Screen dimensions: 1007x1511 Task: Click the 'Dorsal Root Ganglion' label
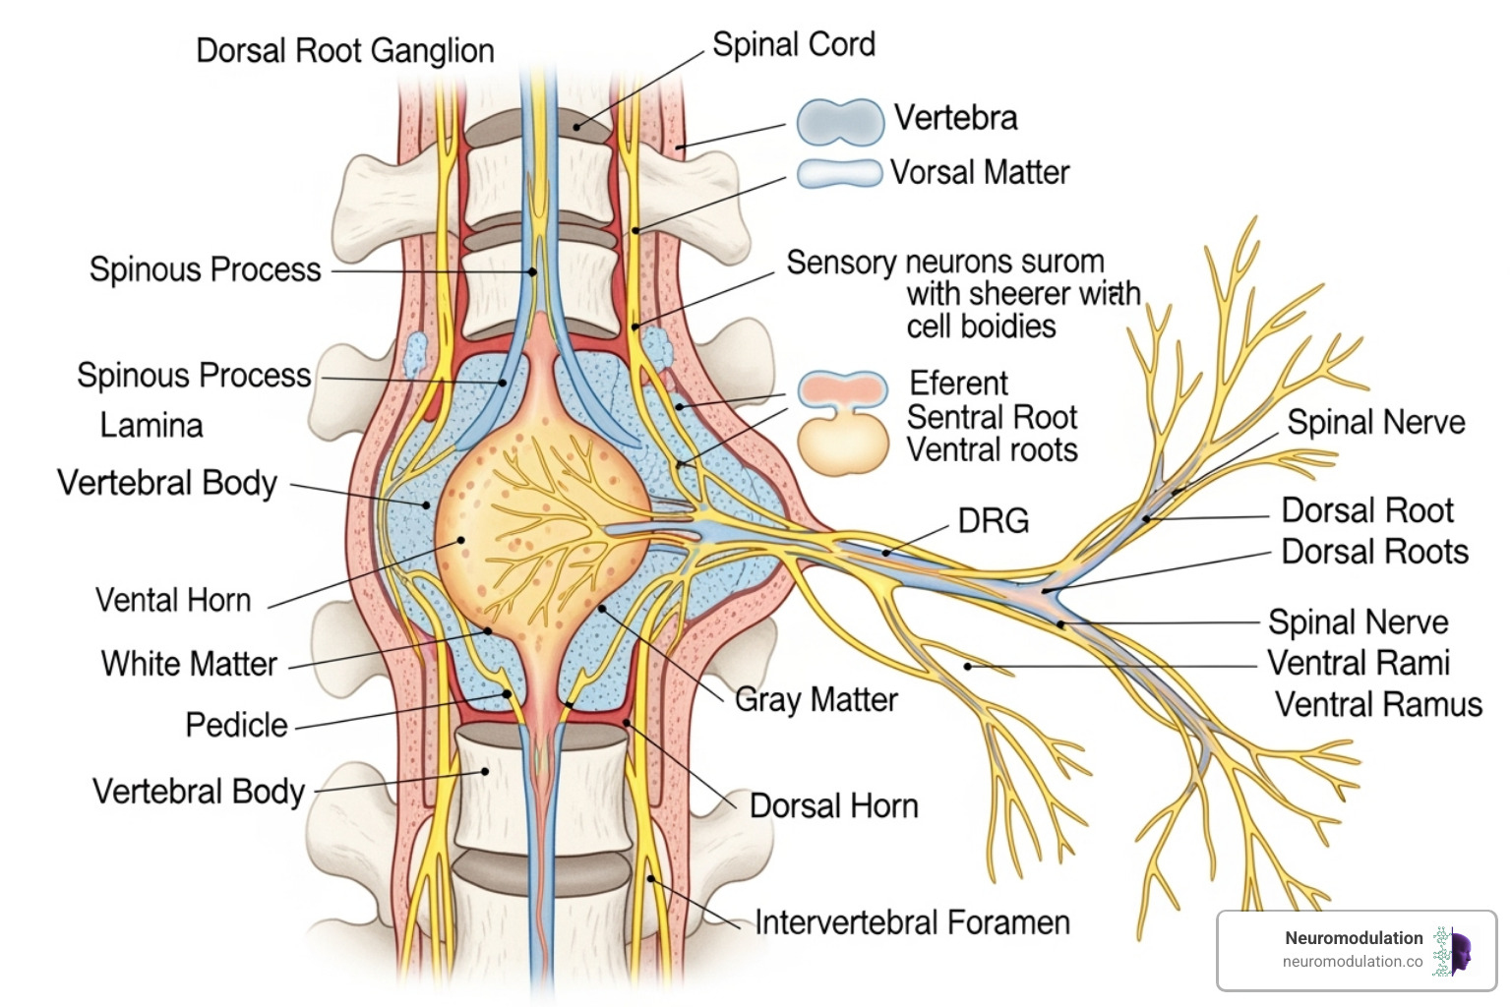pos(344,51)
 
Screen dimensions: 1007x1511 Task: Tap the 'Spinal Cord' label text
pos(793,45)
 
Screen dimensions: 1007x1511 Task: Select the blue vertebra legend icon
pos(839,122)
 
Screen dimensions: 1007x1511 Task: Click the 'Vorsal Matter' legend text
pos(979,173)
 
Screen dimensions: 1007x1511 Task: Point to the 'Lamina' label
pos(151,426)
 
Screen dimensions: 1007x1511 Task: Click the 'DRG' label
pos(993,521)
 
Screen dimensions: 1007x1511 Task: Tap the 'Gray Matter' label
pos(816,700)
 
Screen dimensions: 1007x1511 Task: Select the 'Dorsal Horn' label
pos(833,806)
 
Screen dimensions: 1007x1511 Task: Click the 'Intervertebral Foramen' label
pos(911,923)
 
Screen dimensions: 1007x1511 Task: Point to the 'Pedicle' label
pos(236,726)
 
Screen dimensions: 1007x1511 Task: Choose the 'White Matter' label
pos(189,664)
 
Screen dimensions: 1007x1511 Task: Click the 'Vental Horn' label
pos(173,601)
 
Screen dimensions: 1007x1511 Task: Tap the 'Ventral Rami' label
pos(1358,663)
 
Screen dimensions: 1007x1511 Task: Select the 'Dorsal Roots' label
pos(1374,552)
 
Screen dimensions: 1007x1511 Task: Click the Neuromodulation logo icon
pos(1452,951)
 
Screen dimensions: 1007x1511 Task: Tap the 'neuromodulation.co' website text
pos(1352,962)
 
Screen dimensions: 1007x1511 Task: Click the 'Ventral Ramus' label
pos(1378,705)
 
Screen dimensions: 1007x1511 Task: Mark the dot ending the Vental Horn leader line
pos(460,540)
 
